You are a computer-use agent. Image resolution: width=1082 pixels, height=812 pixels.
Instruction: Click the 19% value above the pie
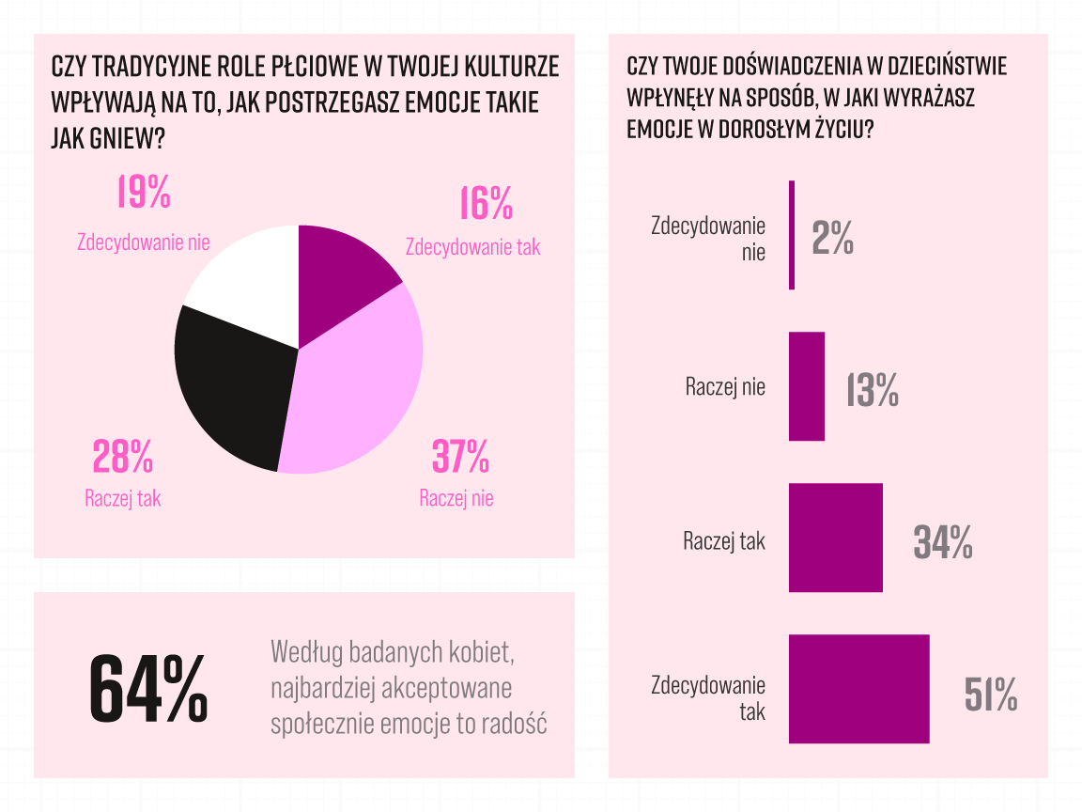144,192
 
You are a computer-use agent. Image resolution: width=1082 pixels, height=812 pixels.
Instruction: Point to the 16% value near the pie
486,203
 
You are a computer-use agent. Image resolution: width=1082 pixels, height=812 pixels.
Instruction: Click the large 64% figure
148,688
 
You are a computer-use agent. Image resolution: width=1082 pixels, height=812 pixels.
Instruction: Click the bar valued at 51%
858,689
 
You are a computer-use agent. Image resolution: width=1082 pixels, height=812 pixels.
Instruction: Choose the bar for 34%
835,538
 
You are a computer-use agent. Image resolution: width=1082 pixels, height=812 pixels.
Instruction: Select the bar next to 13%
806,386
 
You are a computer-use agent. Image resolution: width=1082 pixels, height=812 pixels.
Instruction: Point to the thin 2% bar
792,235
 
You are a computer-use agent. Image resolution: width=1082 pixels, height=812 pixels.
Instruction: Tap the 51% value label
991,695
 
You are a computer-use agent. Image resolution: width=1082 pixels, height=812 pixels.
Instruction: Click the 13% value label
873,390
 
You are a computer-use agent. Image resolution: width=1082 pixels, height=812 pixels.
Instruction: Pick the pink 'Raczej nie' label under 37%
456,498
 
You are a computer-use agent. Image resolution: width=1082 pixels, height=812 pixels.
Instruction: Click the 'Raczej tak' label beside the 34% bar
724,541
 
